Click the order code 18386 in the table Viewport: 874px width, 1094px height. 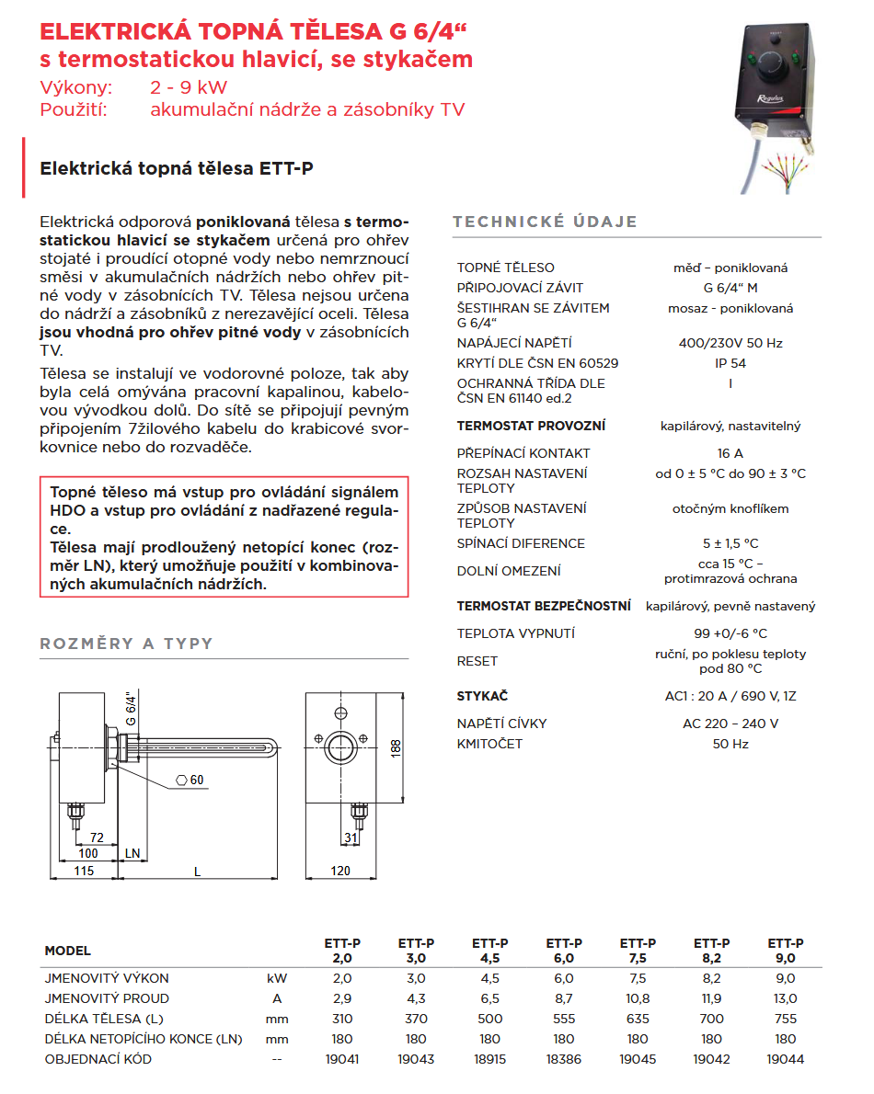[x=564, y=1059]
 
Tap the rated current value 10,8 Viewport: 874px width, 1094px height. [x=638, y=998]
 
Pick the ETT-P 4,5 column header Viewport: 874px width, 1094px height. [x=490, y=951]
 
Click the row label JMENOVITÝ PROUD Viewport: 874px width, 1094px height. [x=107, y=998]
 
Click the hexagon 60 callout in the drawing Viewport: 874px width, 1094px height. [x=190, y=781]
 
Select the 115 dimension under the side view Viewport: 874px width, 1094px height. [x=84, y=871]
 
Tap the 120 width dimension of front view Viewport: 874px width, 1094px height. [x=340, y=871]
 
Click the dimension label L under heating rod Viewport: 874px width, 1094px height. [x=198, y=871]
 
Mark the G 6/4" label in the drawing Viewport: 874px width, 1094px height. [x=130, y=708]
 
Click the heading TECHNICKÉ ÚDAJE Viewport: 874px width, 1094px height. [x=545, y=222]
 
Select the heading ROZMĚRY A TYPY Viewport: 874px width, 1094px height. [x=126, y=644]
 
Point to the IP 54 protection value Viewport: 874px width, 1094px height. [x=730, y=363]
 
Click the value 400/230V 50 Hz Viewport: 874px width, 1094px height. [x=730, y=343]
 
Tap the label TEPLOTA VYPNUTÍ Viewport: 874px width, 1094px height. [x=515, y=633]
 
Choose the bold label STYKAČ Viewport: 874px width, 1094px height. [x=482, y=696]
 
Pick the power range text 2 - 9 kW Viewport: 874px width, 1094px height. [x=189, y=88]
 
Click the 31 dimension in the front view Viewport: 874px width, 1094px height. [x=350, y=838]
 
